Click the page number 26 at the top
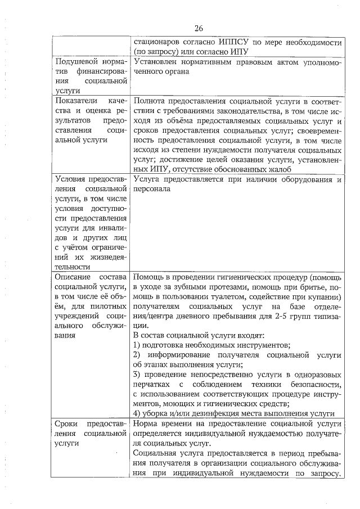pos(198,29)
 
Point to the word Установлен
pos(156,62)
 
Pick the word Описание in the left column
pos(74,277)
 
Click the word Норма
pos(146,424)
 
